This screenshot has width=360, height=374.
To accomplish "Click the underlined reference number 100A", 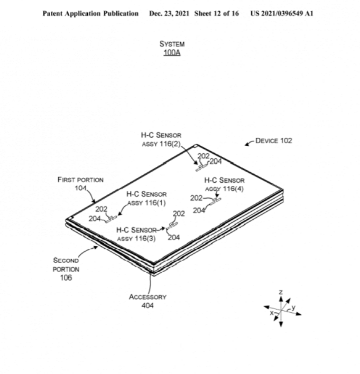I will pyautogui.click(x=172, y=53).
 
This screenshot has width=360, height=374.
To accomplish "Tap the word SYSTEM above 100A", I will pyautogui.click(x=172, y=44).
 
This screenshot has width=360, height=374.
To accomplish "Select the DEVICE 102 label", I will pyautogui.click(x=273, y=141).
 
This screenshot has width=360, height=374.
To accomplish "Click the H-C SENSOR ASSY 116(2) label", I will pyautogui.click(x=161, y=139).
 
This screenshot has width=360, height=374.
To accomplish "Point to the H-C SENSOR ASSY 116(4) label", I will pyautogui.click(x=224, y=185).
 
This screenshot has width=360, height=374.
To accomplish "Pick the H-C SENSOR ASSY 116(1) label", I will pyautogui.click(x=146, y=198).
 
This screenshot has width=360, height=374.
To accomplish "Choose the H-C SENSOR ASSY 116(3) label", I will pyautogui.click(x=137, y=234).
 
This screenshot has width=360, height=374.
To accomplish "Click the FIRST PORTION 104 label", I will pyautogui.click(x=80, y=183).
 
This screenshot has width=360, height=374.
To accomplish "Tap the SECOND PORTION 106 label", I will pyautogui.click(x=66, y=269).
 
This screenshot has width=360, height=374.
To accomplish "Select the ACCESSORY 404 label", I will pyautogui.click(x=147, y=301).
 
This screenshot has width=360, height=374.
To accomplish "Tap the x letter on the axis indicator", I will pyautogui.click(x=272, y=313).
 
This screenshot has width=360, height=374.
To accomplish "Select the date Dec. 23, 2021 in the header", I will pyautogui.click(x=170, y=13).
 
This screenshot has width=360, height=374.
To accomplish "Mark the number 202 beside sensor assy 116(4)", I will pyautogui.click(x=196, y=198).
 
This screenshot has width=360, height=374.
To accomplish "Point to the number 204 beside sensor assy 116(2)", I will pyautogui.click(x=216, y=162).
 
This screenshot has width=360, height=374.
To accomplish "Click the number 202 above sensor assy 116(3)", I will pyautogui.click(x=179, y=214).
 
